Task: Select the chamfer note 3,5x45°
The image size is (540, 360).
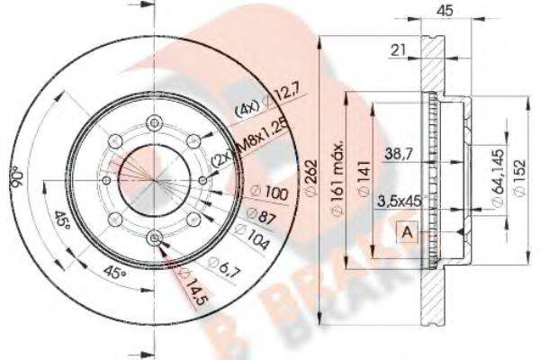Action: click(400, 201)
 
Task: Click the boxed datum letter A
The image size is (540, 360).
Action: click(407, 232)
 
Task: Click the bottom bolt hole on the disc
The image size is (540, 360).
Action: click(155, 237)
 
